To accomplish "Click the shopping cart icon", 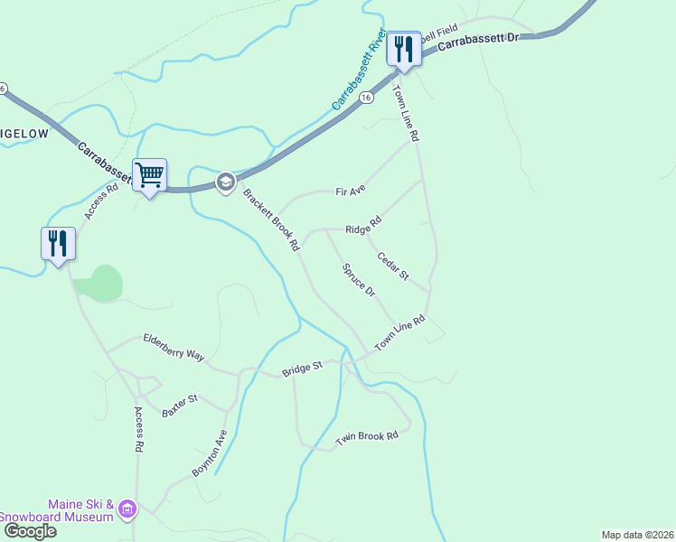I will tap(149, 174).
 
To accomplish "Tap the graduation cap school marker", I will tap(226, 182).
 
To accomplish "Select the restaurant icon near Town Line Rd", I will tap(404, 49).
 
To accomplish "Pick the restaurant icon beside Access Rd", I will tap(58, 243).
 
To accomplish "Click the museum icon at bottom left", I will tap(127, 510).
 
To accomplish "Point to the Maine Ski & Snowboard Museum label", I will tap(69, 510).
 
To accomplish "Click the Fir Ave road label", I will tap(350, 192).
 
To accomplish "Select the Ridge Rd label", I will tap(363, 225).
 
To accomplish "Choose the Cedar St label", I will tap(393, 266).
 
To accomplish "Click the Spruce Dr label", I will tap(359, 279).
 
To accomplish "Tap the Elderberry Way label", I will tap(174, 346).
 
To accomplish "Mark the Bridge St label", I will tap(302, 369).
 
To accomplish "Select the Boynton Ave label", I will tap(210, 453).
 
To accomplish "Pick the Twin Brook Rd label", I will tap(367, 437).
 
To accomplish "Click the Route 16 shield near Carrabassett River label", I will tap(365, 98).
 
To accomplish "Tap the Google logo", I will tap(29, 531).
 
